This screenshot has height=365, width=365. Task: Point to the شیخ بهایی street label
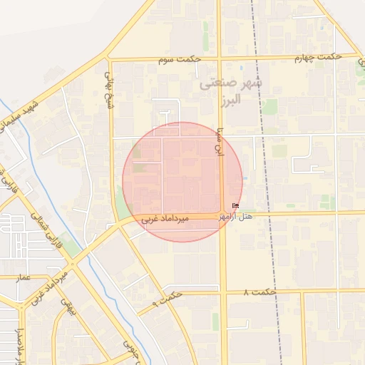pos(109,83)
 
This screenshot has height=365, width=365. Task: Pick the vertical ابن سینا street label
pos(220,143)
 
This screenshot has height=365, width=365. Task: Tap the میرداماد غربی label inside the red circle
pos(165,219)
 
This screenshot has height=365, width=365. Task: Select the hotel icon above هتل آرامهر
pos(236,207)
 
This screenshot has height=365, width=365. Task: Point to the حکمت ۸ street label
pos(259,292)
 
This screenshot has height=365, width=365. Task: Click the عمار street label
pos(24,277)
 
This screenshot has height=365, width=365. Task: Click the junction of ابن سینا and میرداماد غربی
pos(222,215)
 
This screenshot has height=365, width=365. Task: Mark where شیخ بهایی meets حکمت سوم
pos(110,60)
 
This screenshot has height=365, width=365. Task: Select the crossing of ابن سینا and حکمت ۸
pos(223,292)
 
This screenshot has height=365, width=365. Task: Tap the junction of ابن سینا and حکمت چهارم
pos(219,57)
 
